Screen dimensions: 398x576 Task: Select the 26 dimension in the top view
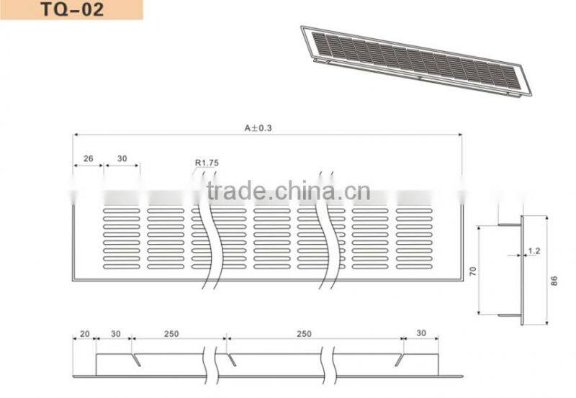click(88, 158)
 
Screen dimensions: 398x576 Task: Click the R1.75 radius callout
click(207, 163)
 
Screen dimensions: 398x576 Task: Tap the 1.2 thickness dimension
click(534, 251)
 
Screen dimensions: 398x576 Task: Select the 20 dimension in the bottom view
click(84, 334)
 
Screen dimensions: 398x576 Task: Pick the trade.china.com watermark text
click(288, 191)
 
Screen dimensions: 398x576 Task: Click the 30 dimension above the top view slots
click(122, 158)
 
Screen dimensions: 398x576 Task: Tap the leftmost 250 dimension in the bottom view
click(171, 334)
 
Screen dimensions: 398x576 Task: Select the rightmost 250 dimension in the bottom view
click(305, 334)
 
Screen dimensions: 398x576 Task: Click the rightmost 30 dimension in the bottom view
click(421, 334)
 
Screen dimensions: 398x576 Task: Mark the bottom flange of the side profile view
click(510, 315)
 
